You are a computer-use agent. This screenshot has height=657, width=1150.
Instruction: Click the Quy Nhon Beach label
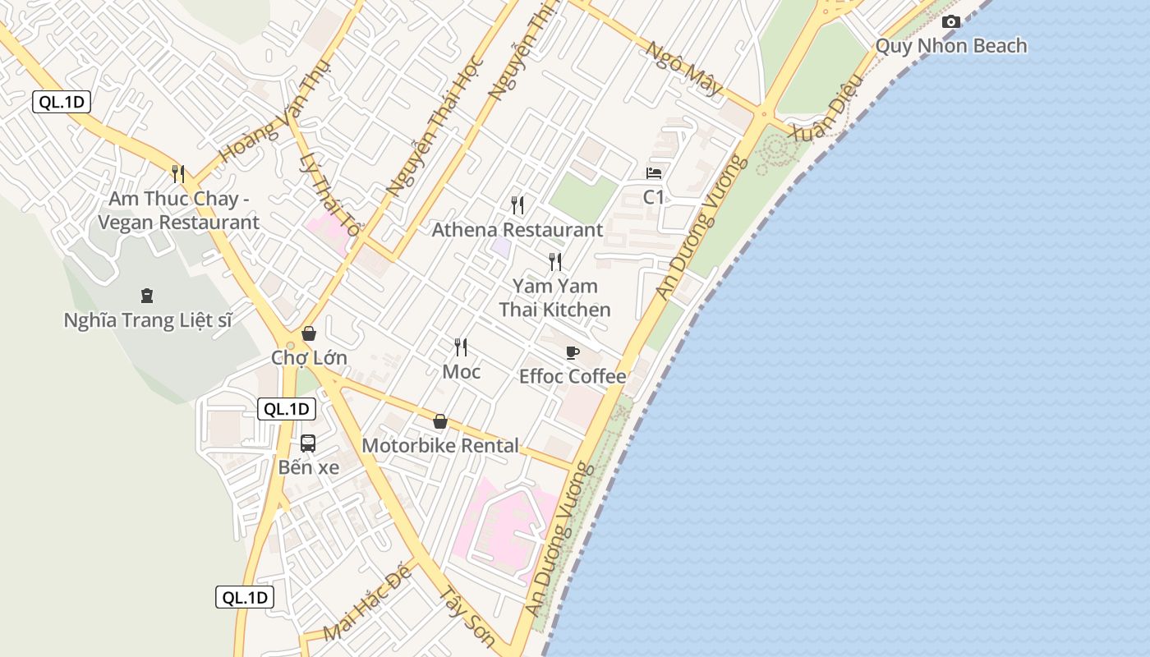(951, 46)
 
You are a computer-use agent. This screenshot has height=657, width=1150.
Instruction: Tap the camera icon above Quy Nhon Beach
(951, 22)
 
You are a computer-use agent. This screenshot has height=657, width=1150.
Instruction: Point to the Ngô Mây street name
(683, 68)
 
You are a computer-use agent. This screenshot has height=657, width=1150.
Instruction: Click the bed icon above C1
(654, 173)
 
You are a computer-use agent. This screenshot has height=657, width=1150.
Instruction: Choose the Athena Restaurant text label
(517, 230)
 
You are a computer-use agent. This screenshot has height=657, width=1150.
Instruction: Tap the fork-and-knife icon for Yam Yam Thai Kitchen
(555, 262)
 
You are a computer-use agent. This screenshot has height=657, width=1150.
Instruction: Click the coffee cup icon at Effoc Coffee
(573, 353)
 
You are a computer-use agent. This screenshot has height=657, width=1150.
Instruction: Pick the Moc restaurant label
(462, 371)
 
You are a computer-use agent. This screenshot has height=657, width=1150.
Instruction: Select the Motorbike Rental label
(440, 446)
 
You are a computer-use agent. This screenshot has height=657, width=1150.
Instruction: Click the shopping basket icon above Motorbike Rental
(440, 422)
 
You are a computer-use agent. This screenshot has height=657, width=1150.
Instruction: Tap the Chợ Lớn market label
(309, 358)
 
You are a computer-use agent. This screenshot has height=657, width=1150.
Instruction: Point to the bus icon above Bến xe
(308, 443)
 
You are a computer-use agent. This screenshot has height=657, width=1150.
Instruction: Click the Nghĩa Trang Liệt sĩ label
(148, 320)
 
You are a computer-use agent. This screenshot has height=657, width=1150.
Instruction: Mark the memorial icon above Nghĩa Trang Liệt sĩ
(147, 296)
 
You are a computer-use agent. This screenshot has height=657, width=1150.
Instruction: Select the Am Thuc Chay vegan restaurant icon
(177, 174)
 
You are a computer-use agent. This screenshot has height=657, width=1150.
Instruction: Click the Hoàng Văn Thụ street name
(275, 112)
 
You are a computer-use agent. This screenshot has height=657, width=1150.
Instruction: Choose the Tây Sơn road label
(467, 616)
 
